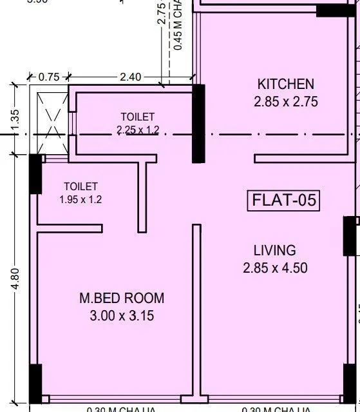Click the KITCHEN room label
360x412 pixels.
pos(285,84)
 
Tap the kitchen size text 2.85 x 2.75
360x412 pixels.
pos(285,101)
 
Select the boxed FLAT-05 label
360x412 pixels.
pos(284,201)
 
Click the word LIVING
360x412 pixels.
pos(274,250)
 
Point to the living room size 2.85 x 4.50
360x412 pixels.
pos(274,268)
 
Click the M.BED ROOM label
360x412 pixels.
pos(122,299)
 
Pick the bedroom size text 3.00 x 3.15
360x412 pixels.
pos(122,316)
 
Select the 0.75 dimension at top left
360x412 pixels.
pos(49,77)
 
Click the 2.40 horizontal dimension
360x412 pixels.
pos(130,77)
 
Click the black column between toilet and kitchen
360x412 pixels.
pos(199,124)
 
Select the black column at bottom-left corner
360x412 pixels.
pos(35,383)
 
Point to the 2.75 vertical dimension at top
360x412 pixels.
pos(162,13)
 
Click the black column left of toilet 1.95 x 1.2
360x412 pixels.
pos(35,174)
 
